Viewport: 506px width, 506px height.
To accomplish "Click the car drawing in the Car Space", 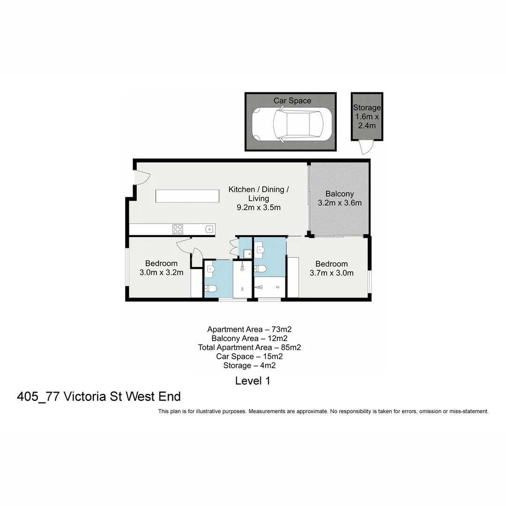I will click(291, 124).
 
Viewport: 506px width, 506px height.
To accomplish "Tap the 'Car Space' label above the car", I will click(292, 101).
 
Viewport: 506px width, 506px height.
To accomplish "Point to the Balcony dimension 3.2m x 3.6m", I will click(340, 203).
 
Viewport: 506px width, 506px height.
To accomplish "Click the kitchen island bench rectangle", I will click(187, 196).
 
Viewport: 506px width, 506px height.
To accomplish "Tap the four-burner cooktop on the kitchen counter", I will click(178, 229).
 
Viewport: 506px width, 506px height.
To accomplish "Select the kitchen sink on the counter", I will click(209, 229).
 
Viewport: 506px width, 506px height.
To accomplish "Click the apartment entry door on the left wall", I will click(141, 178).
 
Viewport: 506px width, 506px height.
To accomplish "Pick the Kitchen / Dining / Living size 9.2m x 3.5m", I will click(259, 208).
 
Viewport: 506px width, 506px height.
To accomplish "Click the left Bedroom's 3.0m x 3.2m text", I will click(161, 272).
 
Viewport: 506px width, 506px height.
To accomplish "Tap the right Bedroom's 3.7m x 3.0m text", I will click(332, 273).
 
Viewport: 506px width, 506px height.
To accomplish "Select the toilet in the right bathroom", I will click(260, 269).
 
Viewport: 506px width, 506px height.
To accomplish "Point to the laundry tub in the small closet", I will click(246, 253).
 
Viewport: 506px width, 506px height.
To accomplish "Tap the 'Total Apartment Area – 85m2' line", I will click(249, 347).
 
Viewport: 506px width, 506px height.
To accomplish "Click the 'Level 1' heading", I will click(253, 381).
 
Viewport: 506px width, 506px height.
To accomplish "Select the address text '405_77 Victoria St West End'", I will click(99, 397).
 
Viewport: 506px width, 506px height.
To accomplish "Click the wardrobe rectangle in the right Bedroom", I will click(293, 277).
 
